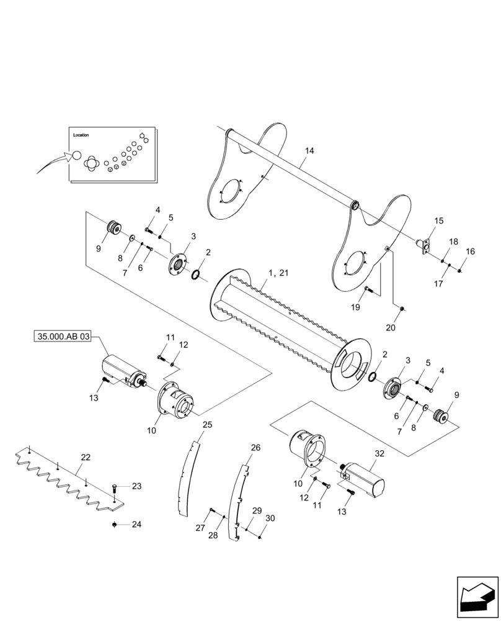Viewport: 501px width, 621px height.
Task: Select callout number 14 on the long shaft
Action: pos(309,151)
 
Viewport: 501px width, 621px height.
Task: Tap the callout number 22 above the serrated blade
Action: pos(86,458)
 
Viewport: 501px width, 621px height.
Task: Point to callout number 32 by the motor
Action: pos(379,453)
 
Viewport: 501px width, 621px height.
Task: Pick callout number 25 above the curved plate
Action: pos(207,425)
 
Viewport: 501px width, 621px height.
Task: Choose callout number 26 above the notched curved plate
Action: pos(255,447)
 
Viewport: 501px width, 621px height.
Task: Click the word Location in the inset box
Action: pos(81,135)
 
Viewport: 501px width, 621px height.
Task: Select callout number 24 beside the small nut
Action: pos(136,524)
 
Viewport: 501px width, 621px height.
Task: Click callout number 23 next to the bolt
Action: pos(136,486)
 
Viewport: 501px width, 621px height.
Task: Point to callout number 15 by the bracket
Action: pos(438,221)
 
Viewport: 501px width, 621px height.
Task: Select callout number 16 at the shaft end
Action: pos(471,252)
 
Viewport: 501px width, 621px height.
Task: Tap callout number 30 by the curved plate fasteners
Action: pos(270,519)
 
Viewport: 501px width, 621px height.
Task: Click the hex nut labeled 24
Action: pos(115,525)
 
